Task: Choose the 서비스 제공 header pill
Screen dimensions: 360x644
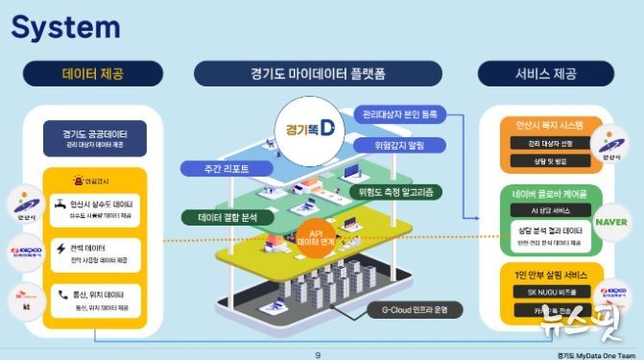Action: pos(543,74)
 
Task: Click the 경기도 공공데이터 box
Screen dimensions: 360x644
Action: pos(94,136)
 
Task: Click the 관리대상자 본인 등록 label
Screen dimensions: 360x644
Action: pos(400,114)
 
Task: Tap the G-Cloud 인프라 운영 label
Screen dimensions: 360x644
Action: pos(415,310)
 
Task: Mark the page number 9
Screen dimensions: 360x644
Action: pos(318,353)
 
